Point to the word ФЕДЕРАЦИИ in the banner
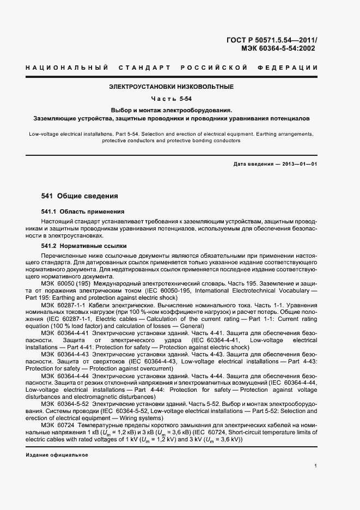click(292, 67)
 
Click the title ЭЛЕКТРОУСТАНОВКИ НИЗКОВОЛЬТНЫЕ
click(171, 87)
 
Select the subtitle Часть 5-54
click(171, 99)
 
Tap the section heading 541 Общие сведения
click(80, 196)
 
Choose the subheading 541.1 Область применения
click(83, 211)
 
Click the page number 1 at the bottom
click(316, 466)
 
